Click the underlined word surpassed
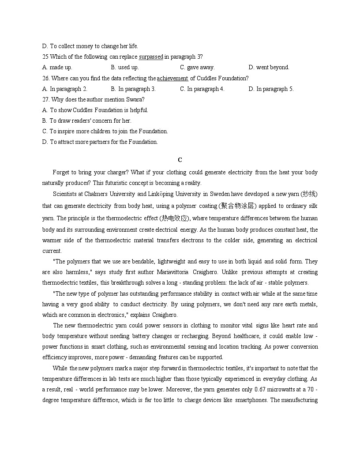(x=151, y=57)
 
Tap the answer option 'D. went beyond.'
(x=269, y=68)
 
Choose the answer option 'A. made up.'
(x=57, y=68)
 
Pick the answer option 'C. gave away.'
(x=197, y=68)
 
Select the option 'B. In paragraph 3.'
(x=133, y=89)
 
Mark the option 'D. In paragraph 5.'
(x=271, y=89)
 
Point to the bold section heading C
(x=180, y=160)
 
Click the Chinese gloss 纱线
(x=308, y=194)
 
